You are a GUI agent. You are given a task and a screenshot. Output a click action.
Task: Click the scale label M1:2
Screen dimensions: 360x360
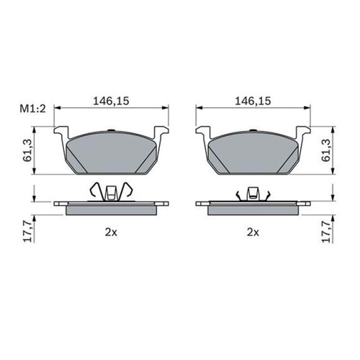32,109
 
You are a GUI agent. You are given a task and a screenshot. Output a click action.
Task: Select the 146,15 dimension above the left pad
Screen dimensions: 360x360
111,101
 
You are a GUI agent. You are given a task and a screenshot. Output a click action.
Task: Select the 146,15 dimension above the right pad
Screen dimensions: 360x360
253,101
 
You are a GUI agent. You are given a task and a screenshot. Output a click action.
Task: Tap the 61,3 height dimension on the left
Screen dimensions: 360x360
29,150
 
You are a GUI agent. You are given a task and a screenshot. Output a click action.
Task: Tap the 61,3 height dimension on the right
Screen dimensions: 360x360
326,150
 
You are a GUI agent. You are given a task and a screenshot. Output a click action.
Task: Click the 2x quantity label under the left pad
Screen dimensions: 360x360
111,233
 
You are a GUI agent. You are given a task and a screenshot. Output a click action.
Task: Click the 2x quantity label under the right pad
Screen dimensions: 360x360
253,233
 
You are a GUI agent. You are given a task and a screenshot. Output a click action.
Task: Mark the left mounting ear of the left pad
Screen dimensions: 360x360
60,132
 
